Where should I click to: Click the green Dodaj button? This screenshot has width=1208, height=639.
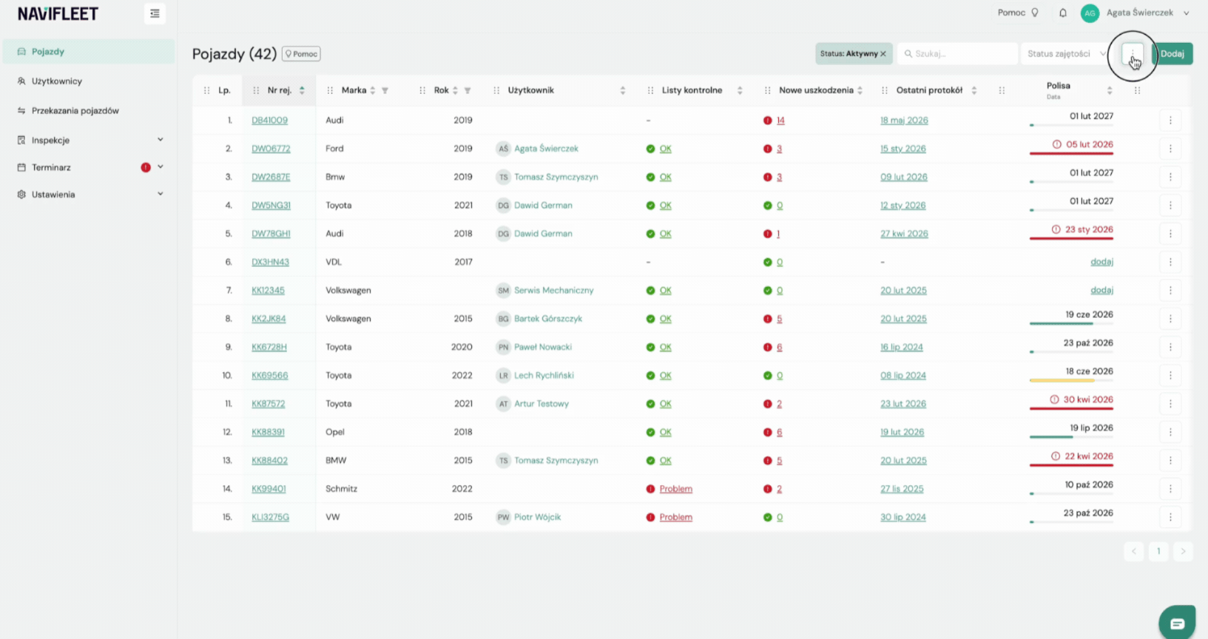pyautogui.click(x=1172, y=53)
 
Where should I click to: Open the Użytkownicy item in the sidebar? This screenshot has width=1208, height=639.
pyautogui.click(x=57, y=81)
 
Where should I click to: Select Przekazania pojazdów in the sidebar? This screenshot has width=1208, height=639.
pyautogui.click(x=75, y=110)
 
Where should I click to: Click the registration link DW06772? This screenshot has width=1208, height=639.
pyautogui.click(x=271, y=149)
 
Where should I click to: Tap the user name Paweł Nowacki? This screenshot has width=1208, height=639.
pyautogui.click(x=542, y=347)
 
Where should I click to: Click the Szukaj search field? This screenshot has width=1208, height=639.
pyautogui.click(x=958, y=53)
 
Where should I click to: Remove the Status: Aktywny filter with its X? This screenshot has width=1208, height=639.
pyautogui.click(x=883, y=53)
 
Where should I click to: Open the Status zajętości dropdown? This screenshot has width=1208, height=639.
pyautogui.click(x=1066, y=53)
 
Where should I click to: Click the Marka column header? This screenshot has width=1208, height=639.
pyautogui.click(x=354, y=90)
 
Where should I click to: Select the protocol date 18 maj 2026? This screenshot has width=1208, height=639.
pyautogui.click(x=904, y=121)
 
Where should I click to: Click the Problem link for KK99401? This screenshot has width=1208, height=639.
pyautogui.click(x=675, y=489)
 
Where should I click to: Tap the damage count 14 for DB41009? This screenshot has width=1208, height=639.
pyautogui.click(x=780, y=121)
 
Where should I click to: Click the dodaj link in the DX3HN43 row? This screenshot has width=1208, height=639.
pyautogui.click(x=1101, y=262)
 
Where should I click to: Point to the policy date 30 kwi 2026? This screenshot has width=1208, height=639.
pyautogui.click(x=1087, y=399)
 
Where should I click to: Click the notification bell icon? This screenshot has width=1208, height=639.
pyautogui.click(x=1062, y=13)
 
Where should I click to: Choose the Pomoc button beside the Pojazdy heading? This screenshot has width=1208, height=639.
pyautogui.click(x=301, y=53)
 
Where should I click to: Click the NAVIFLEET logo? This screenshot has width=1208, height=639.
pyautogui.click(x=58, y=13)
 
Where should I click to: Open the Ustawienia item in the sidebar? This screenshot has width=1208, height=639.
pyautogui.click(x=53, y=194)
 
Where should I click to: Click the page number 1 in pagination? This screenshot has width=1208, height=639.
pyautogui.click(x=1158, y=551)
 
